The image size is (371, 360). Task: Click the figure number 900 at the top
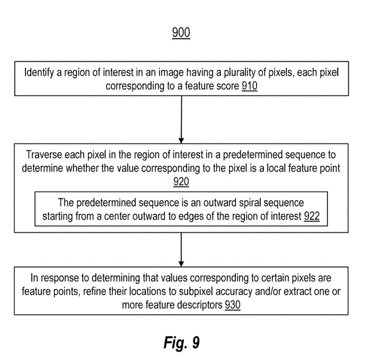point(181,32)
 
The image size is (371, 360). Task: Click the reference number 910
point(250,86)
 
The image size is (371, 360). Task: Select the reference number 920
point(181,182)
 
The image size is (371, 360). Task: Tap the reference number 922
point(312,216)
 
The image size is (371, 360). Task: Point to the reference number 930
point(233,305)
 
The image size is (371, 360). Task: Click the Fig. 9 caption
point(181,343)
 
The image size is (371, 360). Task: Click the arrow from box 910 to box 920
point(181,120)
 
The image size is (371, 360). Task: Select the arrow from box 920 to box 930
point(181,250)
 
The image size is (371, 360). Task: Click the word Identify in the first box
point(39,73)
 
